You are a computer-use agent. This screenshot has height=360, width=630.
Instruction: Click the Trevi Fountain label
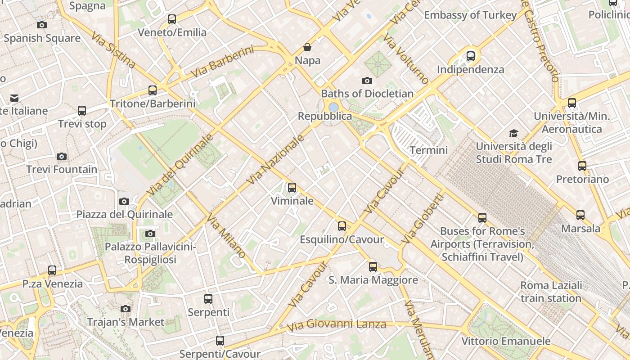pyautogui.click(x=62, y=170)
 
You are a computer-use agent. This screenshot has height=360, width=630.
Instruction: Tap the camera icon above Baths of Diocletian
pyautogui.click(x=367, y=81)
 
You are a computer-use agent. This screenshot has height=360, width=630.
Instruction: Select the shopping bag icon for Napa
pyautogui.click(x=307, y=47)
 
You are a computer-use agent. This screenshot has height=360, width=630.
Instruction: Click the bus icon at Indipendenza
pyautogui.click(x=471, y=56)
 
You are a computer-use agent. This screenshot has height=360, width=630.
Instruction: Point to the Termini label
pyautogui.click(x=429, y=150)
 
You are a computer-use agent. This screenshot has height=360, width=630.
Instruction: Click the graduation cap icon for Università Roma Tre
pyautogui.click(x=513, y=133)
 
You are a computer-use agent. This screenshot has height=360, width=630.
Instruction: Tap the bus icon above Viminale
pyautogui.click(x=292, y=187)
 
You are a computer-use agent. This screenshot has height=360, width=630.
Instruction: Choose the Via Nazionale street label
pyautogui.click(x=276, y=160)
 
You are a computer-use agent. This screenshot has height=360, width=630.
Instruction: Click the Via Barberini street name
pyautogui.click(x=222, y=61)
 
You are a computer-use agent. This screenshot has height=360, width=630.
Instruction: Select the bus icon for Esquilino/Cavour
pyautogui.click(x=342, y=226)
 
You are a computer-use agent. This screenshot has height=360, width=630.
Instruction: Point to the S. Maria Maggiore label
pyautogui.click(x=373, y=280)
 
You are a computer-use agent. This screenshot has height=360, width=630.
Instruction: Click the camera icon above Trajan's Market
pyautogui.click(x=126, y=309)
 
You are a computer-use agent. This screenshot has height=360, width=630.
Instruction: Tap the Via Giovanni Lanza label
pyautogui.click(x=336, y=324)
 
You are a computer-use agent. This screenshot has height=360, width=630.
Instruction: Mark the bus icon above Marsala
pyautogui.click(x=580, y=215)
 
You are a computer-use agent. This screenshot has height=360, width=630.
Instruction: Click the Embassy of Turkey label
pyautogui.click(x=470, y=15)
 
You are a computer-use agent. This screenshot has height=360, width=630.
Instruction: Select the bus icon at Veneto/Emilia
pyautogui.click(x=172, y=19)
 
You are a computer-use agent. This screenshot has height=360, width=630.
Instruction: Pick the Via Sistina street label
pyautogui.click(x=113, y=50)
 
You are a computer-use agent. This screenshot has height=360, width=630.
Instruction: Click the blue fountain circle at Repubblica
pyautogui.click(x=333, y=107)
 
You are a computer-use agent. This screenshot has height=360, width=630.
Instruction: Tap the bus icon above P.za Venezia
pyautogui.click(x=52, y=270)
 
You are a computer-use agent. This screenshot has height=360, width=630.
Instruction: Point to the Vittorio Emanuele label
pyautogui.click(x=506, y=341)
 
